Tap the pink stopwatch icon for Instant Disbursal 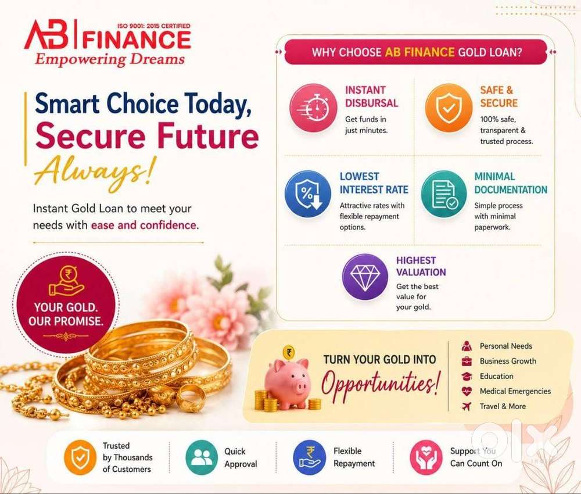314,108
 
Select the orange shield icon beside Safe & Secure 449,108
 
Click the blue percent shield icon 308,194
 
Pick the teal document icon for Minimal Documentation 444,194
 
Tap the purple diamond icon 365,277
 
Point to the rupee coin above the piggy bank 289,352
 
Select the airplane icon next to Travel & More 467,407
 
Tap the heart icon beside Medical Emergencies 467,391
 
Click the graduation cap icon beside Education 467,376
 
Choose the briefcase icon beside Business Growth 467,361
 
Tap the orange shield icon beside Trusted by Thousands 80,457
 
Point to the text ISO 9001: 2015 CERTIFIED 153,26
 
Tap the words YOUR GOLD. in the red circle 66,307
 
